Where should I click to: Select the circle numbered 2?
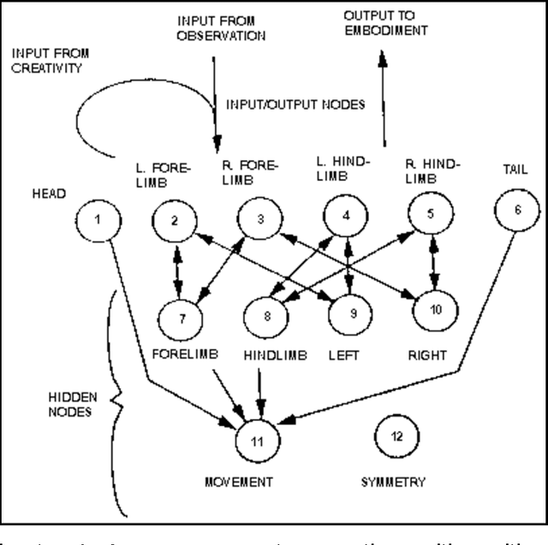175,221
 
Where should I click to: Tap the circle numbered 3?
259,219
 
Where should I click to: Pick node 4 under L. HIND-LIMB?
346,216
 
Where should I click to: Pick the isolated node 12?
396,434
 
